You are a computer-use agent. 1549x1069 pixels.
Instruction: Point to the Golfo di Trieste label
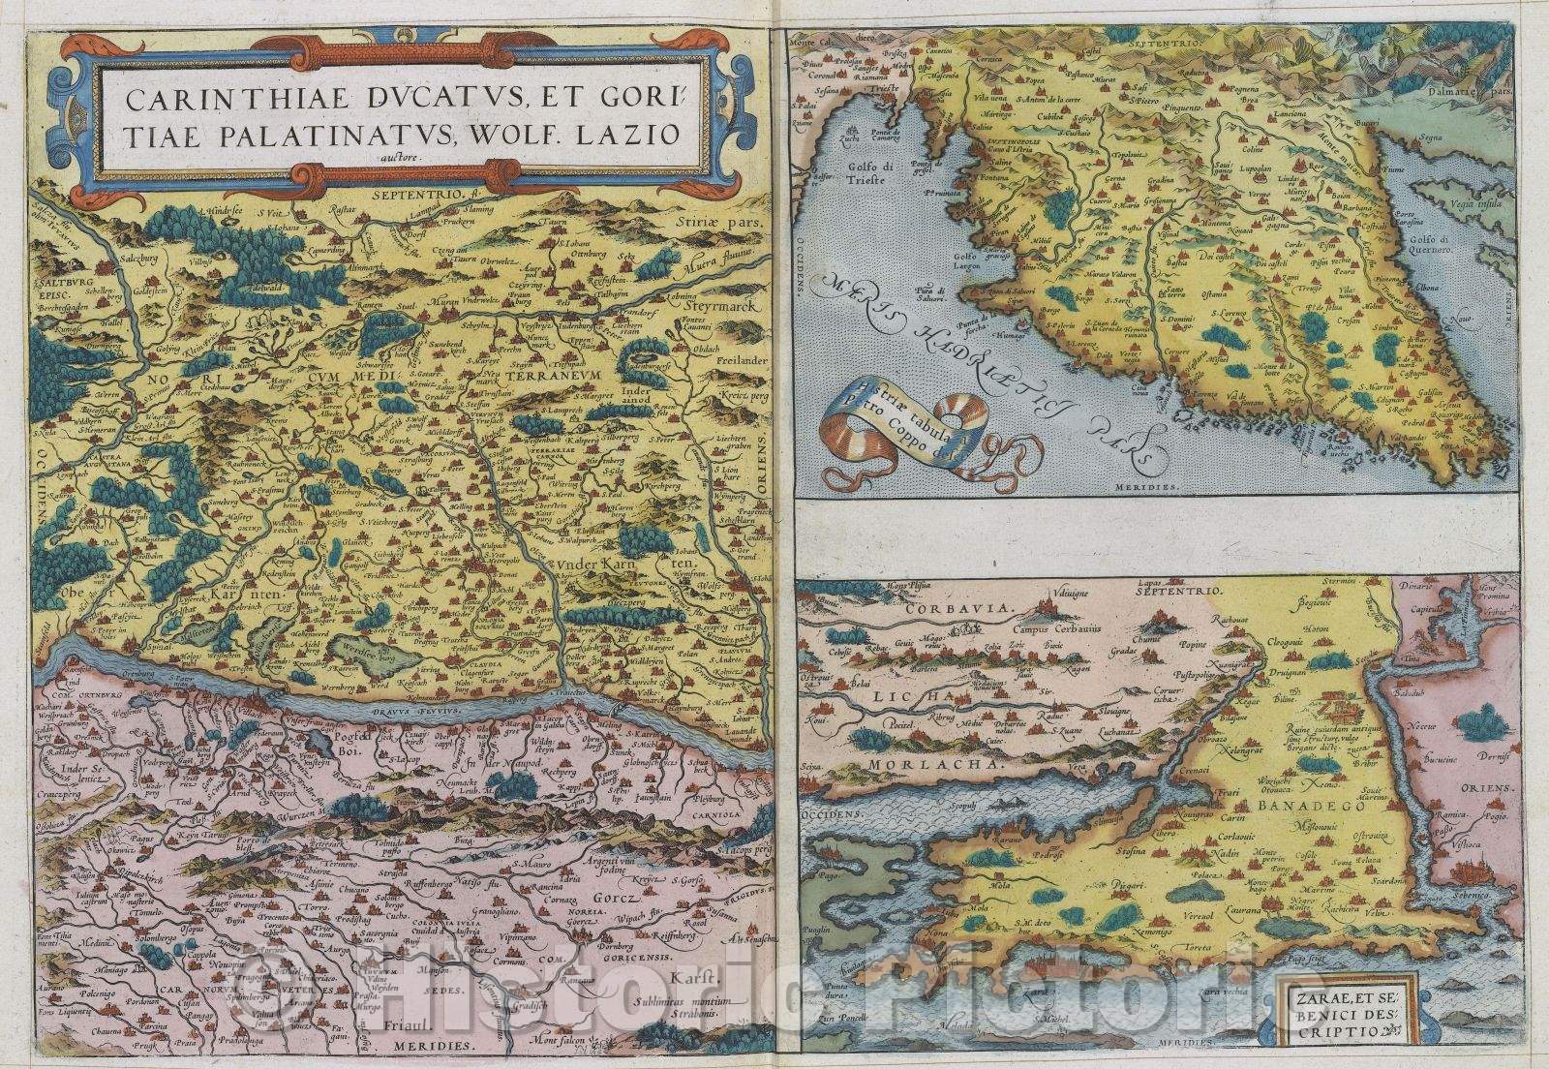[870, 179]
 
